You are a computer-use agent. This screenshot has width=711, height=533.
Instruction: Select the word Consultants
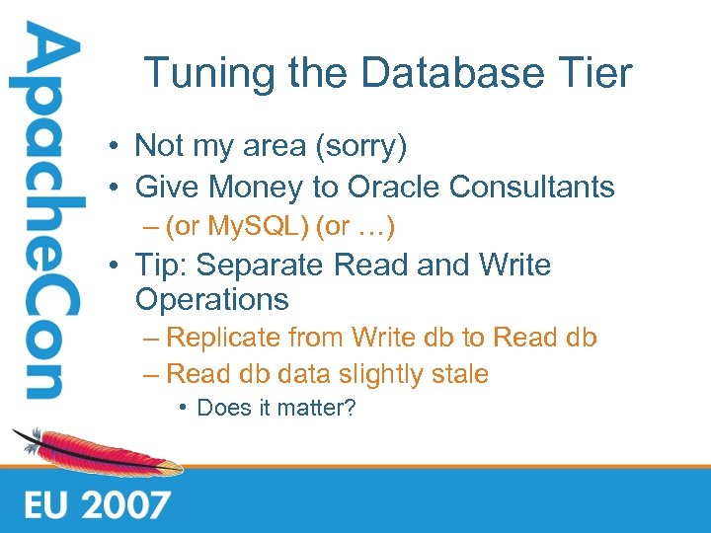532,186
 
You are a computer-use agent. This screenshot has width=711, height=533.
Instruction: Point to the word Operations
211,299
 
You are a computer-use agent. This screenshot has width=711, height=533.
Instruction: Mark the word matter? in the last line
317,408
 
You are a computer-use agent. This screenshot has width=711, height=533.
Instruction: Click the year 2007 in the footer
125,505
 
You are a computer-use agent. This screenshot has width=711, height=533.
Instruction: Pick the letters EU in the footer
45,505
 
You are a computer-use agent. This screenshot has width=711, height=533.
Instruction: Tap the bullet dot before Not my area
117,147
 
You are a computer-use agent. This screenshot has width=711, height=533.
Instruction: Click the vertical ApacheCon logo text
41,212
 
